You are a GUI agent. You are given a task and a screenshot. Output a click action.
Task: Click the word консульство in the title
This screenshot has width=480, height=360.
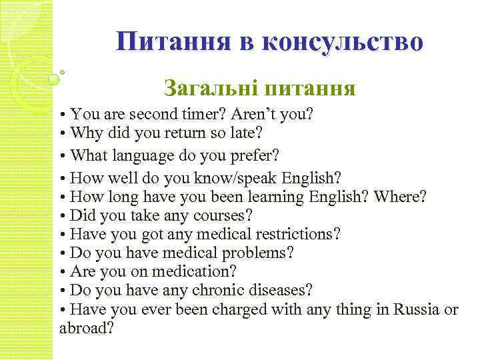(x=343, y=42)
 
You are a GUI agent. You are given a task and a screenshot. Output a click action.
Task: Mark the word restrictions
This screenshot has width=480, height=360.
(x=291, y=235)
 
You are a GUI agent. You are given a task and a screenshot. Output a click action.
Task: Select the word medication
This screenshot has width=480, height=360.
(x=195, y=272)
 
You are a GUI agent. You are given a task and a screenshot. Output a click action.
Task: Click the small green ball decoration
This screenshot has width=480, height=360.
(x=54, y=79)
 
